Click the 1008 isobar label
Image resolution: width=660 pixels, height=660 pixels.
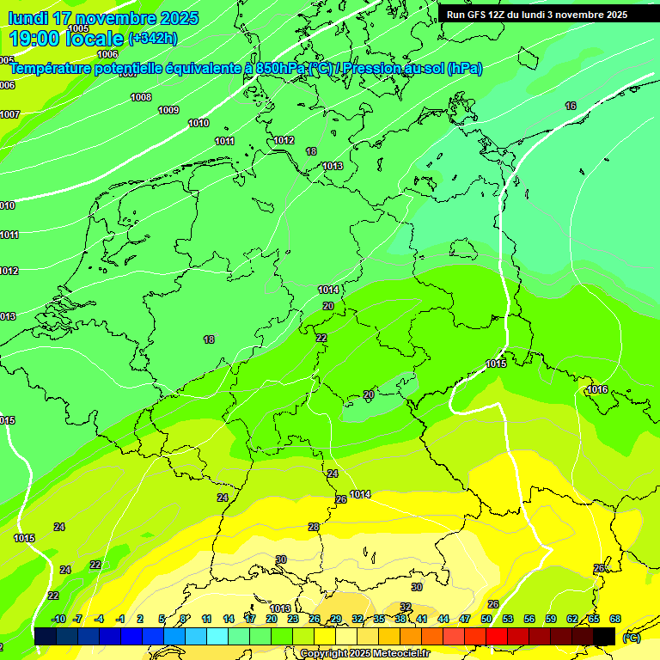click(141, 97)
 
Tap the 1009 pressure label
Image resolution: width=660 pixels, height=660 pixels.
click(168, 110)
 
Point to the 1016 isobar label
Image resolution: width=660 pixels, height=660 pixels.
click(597, 389)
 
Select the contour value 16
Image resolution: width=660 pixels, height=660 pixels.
click(571, 106)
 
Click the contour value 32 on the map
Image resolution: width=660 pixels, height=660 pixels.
click(405, 607)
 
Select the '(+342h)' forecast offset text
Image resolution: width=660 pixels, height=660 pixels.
click(152, 39)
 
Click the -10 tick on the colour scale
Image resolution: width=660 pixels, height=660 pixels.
click(59, 619)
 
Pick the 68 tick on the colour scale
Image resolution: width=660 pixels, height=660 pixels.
click(615, 619)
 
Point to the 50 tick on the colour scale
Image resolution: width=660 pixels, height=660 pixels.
click(486, 619)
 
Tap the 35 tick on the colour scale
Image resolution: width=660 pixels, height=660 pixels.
click(379, 619)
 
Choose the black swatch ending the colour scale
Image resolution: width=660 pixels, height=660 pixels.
click(604, 636)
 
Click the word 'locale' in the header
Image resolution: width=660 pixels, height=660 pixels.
click(95, 39)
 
